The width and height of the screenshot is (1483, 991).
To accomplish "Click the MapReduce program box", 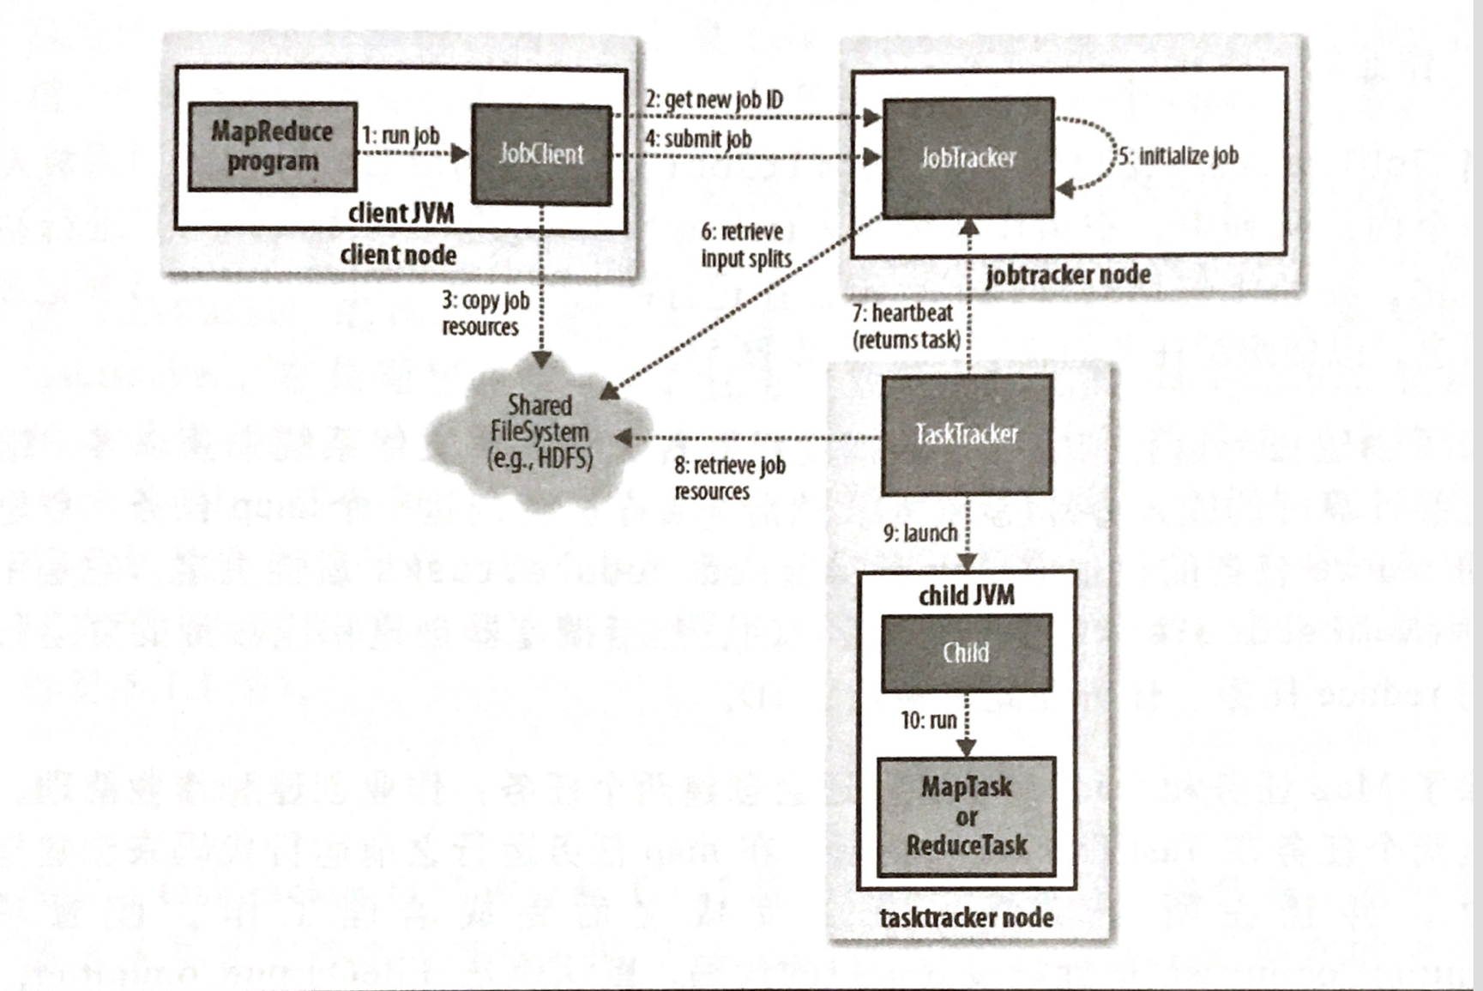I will pyautogui.click(x=272, y=147).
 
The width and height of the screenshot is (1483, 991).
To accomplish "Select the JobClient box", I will pyautogui.click(x=541, y=154).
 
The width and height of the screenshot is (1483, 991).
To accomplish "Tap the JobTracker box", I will pyautogui.click(x=968, y=158).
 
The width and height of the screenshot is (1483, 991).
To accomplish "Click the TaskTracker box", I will pyautogui.click(x=967, y=434).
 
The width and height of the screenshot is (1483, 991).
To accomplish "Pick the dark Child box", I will pyautogui.click(x=966, y=653).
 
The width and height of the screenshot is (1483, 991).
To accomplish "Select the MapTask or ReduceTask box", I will pyautogui.click(x=966, y=816).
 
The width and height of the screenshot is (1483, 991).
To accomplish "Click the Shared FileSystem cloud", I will pyautogui.click(x=540, y=432).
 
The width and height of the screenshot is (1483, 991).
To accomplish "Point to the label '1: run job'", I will pyautogui.click(x=401, y=136).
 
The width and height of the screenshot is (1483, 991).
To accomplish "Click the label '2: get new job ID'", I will pyautogui.click(x=714, y=100).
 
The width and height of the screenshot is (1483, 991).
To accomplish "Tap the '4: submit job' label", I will pyautogui.click(x=698, y=139).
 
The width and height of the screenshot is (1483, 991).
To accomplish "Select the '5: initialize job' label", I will pyautogui.click(x=1179, y=156).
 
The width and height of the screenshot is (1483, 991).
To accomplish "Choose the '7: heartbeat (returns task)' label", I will pyautogui.click(x=906, y=327).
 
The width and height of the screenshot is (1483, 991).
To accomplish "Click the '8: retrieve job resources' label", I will pyautogui.click(x=729, y=479).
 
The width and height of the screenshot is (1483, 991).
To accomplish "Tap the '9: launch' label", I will pyautogui.click(x=920, y=534).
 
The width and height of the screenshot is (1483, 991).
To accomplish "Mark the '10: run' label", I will pyautogui.click(x=928, y=720).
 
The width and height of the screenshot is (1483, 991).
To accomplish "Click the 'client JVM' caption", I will pyautogui.click(x=401, y=214).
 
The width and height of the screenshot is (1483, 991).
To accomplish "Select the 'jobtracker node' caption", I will pyautogui.click(x=1068, y=275).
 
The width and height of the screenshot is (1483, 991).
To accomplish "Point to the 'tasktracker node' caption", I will pyautogui.click(x=966, y=918).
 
